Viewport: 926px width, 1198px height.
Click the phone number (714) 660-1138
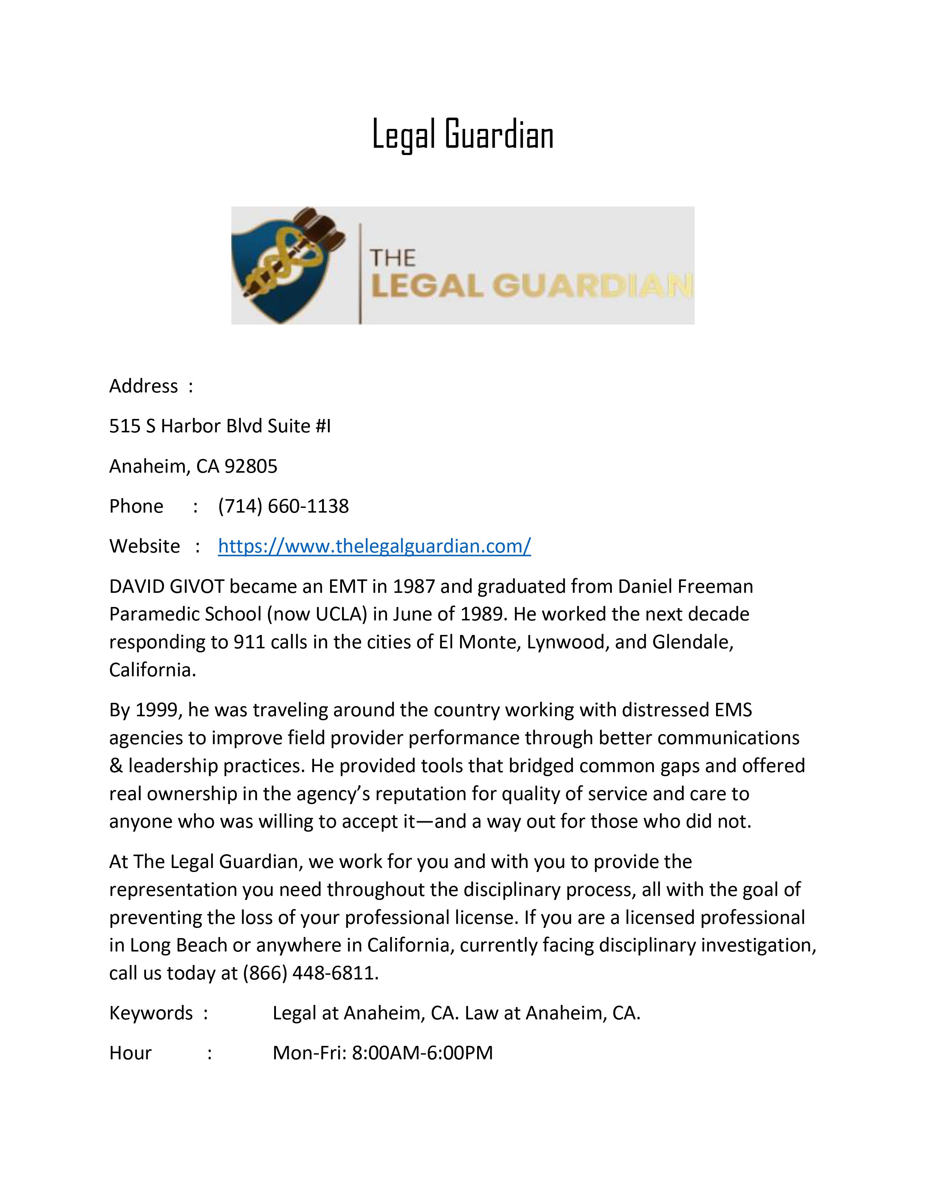pos(283,506)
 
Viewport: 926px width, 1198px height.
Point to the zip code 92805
pos(251,466)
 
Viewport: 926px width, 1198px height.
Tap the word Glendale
pos(692,642)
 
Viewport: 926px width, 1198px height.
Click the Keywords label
pos(151,1012)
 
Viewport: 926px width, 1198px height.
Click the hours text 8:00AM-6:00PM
pos(422,1053)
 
